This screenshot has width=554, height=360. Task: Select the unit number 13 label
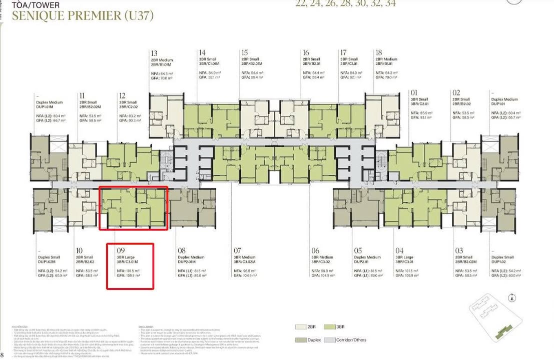(154, 53)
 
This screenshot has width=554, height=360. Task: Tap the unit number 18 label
(378, 52)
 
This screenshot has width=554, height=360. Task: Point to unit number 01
(414, 92)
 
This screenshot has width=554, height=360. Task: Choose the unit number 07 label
(237, 250)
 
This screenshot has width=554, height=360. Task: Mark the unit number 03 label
(459, 250)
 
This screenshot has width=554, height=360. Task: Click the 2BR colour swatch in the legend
(300, 326)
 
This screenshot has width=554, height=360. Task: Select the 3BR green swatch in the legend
(330, 326)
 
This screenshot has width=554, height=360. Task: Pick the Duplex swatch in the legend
(300, 340)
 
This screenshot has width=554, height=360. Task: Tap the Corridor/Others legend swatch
(330, 340)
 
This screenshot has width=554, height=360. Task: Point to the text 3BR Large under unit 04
(404, 256)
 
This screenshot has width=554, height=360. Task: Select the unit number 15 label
(244, 52)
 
